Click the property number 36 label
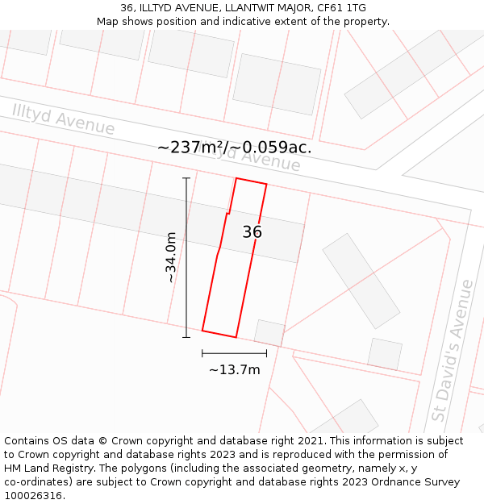(x=252, y=232)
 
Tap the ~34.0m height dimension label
(x=170, y=257)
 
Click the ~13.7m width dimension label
(x=235, y=369)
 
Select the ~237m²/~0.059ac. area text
(x=234, y=147)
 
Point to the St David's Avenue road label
(x=452, y=351)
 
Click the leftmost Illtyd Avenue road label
(x=63, y=119)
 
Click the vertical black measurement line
(x=186, y=257)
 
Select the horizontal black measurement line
(x=234, y=352)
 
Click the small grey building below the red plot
(x=269, y=332)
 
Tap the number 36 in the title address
(x=127, y=7)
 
